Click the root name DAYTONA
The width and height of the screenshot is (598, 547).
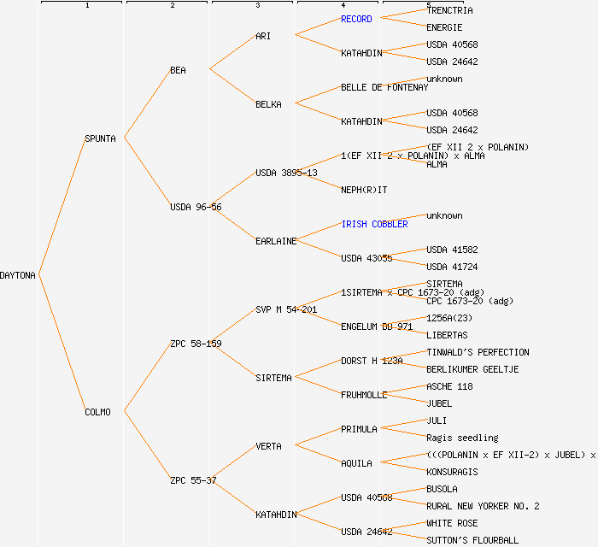point(18,275)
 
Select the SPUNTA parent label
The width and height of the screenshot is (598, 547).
point(100,138)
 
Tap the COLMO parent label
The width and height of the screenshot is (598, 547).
point(97,412)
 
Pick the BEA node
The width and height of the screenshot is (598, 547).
point(178,70)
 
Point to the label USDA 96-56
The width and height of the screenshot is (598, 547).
point(196,207)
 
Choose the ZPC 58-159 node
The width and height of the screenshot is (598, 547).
point(196,344)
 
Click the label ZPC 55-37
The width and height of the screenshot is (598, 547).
point(193,480)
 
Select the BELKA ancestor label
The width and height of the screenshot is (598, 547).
point(268,104)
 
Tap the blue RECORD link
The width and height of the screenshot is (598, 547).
point(356,19)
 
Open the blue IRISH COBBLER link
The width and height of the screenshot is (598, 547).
point(374,224)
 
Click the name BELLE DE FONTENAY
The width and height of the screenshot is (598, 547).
point(384,87)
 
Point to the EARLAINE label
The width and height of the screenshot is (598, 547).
point(276,241)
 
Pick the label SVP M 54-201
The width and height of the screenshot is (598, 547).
point(286,309)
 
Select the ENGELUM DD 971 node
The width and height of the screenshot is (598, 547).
point(377,326)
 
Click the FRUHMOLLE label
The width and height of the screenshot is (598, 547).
point(364,395)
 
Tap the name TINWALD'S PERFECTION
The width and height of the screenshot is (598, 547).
point(478,352)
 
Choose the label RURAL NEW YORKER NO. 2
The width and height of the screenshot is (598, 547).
point(483,506)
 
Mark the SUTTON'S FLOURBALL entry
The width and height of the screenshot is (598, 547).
point(472,540)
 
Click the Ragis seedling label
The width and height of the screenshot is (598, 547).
point(462,438)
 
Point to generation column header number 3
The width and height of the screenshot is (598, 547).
point(257,6)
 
